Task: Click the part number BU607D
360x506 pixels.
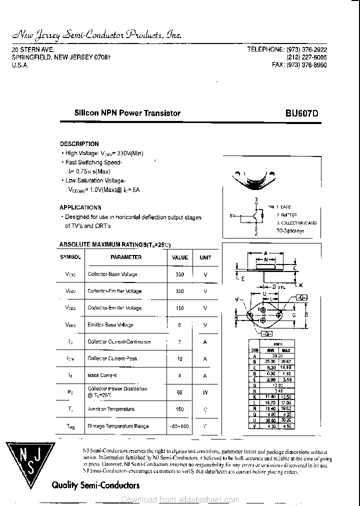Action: (x=301, y=113)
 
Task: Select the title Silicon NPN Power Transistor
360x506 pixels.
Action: (x=127, y=113)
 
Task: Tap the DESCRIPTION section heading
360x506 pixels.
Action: (x=79, y=144)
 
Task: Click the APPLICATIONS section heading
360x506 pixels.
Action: (x=80, y=207)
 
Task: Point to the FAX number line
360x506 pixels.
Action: (x=299, y=65)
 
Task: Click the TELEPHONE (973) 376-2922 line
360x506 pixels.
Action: (x=287, y=49)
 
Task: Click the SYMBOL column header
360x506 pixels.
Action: (x=70, y=257)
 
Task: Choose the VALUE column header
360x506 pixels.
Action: (x=180, y=257)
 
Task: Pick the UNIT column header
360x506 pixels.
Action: (x=205, y=257)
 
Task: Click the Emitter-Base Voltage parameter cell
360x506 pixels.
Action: (x=110, y=325)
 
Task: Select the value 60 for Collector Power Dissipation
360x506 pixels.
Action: (x=180, y=392)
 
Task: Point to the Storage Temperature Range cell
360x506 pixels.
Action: (x=117, y=426)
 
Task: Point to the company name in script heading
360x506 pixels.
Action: (x=96, y=34)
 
